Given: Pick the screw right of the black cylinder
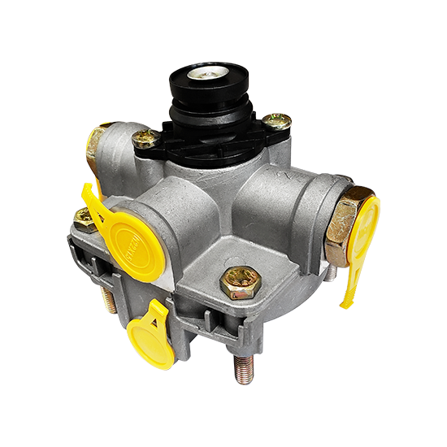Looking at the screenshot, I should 277,122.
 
